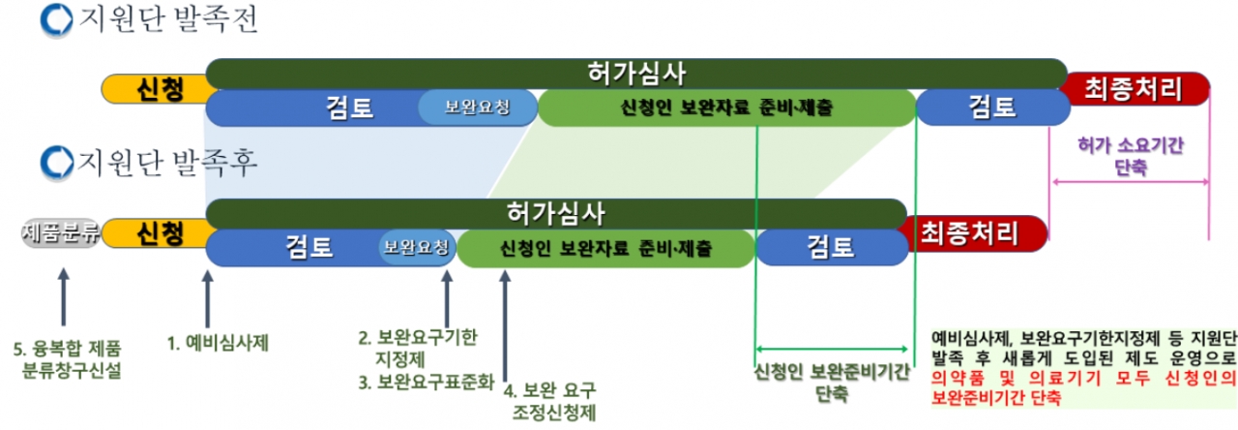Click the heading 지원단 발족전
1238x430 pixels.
(x=163, y=20)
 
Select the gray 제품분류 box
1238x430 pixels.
(x=60, y=233)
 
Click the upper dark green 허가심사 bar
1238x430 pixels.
(x=635, y=73)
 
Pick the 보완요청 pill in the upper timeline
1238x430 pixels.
(x=476, y=107)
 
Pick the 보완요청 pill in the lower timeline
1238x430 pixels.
(x=416, y=246)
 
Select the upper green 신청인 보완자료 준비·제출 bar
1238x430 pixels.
(x=726, y=107)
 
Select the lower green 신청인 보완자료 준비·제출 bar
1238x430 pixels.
(x=605, y=247)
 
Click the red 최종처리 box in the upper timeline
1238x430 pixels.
(x=1134, y=90)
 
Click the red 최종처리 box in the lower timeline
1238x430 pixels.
(x=971, y=232)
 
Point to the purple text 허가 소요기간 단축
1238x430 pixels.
(x=1131, y=155)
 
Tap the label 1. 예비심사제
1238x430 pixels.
(x=218, y=341)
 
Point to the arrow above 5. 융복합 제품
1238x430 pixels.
(x=63, y=298)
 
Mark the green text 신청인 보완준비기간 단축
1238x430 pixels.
(x=831, y=384)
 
